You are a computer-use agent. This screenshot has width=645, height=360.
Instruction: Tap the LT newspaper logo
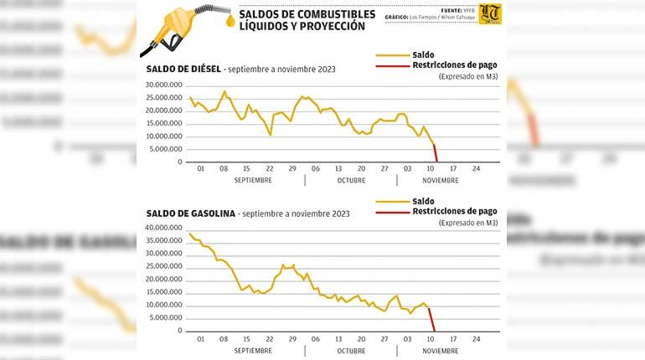[x=491, y=14]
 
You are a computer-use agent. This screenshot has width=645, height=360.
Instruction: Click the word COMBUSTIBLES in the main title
[x=328, y=13]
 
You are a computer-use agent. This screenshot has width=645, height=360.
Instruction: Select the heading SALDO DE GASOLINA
[x=190, y=213]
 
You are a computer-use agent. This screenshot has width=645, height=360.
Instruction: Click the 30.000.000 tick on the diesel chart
[x=163, y=85]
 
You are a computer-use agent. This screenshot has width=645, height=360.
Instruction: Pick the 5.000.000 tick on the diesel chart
[x=166, y=149]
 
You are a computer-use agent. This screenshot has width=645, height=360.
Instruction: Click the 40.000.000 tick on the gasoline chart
[x=163, y=228]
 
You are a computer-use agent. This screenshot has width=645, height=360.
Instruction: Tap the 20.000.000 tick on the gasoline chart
[x=163, y=279]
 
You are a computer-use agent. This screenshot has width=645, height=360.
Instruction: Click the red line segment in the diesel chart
[x=436, y=153]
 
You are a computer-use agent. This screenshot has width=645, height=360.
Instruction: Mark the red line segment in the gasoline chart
[x=431, y=319]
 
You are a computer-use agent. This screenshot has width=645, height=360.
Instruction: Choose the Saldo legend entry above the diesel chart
[x=423, y=54]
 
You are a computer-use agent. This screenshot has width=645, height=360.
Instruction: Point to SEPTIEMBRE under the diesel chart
[x=252, y=180]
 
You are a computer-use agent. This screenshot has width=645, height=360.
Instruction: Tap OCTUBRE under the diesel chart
[x=351, y=180]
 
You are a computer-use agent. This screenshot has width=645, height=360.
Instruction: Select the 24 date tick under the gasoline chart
[x=476, y=338]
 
